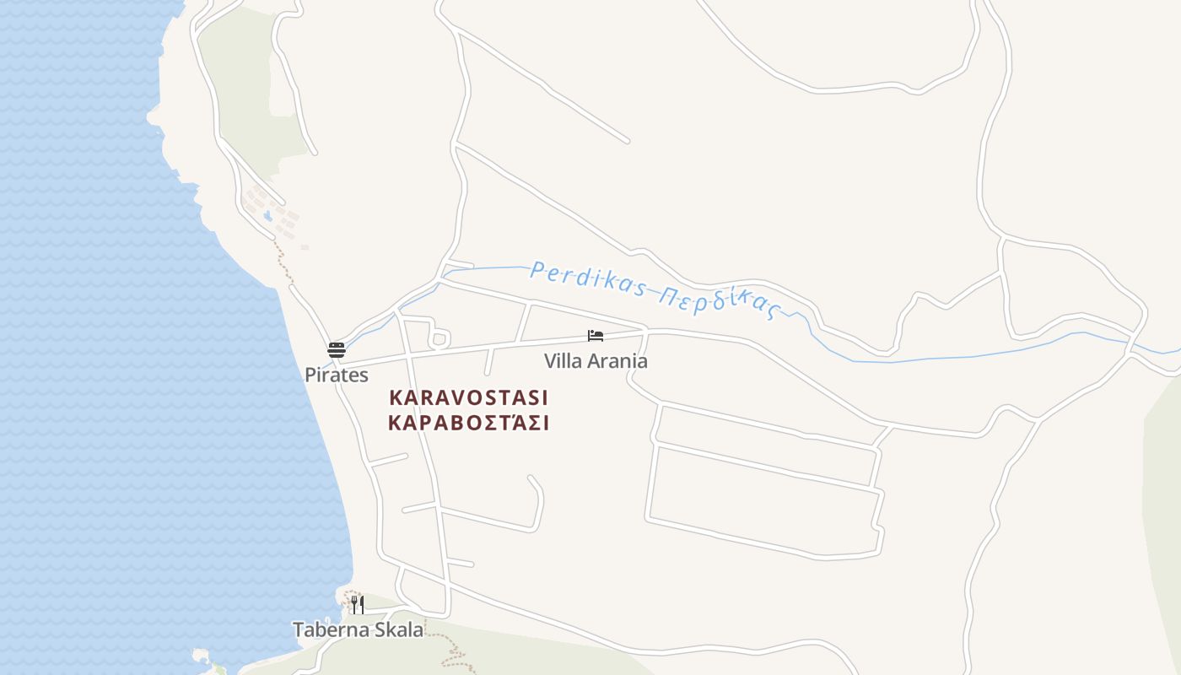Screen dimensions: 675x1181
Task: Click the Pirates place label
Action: coord(337,375)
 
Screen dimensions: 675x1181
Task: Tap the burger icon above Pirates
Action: coord(337,349)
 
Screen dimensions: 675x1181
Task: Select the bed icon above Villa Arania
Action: coord(596,336)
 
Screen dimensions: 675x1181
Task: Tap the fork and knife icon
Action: coord(358,604)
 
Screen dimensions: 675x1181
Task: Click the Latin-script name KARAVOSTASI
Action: coord(469,397)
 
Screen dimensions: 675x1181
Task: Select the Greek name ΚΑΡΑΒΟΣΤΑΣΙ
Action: coord(469,423)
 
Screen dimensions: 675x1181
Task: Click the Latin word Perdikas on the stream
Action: coord(587,280)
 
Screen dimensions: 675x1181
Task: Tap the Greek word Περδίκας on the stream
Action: coord(717,300)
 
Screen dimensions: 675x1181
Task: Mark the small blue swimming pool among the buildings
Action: coord(268,216)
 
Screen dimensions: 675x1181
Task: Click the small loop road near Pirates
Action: coord(439,339)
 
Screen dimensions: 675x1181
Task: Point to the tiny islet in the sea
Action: coord(201,655)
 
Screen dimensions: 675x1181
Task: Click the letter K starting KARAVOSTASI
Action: coord(395,397)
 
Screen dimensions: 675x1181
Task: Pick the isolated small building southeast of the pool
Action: coord(305,247)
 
